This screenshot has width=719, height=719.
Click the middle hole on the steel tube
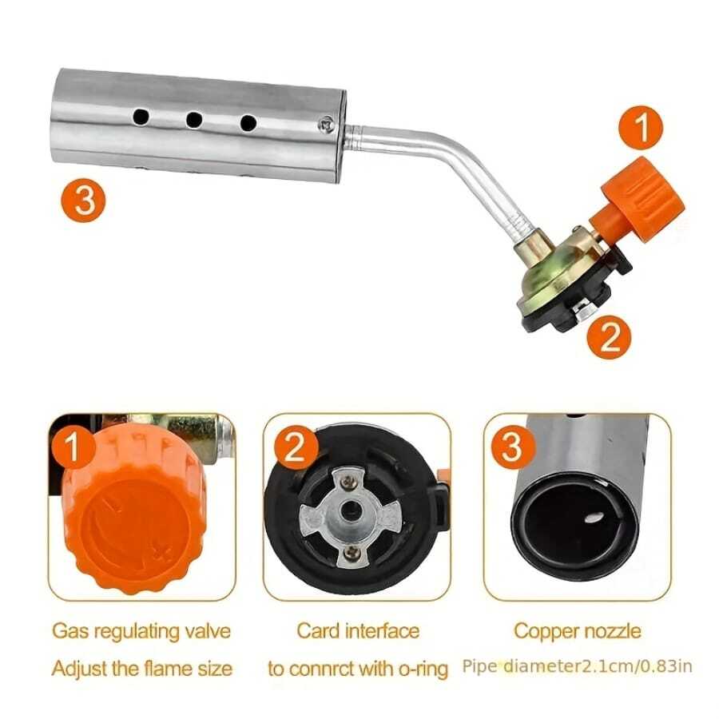194,120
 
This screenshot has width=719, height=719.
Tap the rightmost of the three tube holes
248,123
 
